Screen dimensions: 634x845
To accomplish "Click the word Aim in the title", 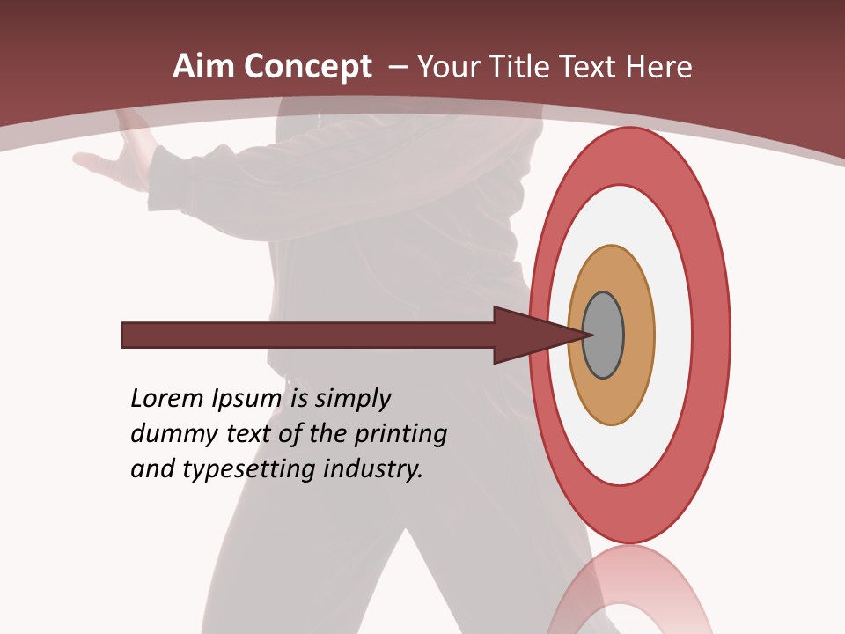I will click(203, 67).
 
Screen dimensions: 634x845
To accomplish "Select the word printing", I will click(400, 435).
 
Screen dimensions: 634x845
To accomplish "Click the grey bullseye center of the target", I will click(604, 335).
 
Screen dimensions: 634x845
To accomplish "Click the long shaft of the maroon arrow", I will click(308, 335).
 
